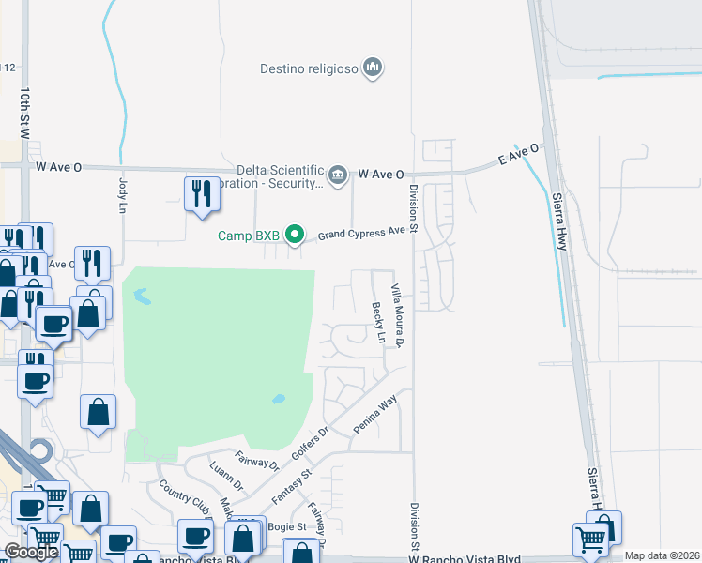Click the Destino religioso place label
tap(309, 68)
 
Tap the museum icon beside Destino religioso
tap(374, 68)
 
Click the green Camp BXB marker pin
tap(295, 235)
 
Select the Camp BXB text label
tap(249, 236)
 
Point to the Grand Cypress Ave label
tap(361, 231)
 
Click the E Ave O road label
tap(519, 155)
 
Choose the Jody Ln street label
tap(122, 194)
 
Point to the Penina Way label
tap(375, 414)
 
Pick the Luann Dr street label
tap(226, 478)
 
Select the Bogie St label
tap(289, 527)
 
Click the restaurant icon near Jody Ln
tap(200, 194)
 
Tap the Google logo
tap(31, 552)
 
